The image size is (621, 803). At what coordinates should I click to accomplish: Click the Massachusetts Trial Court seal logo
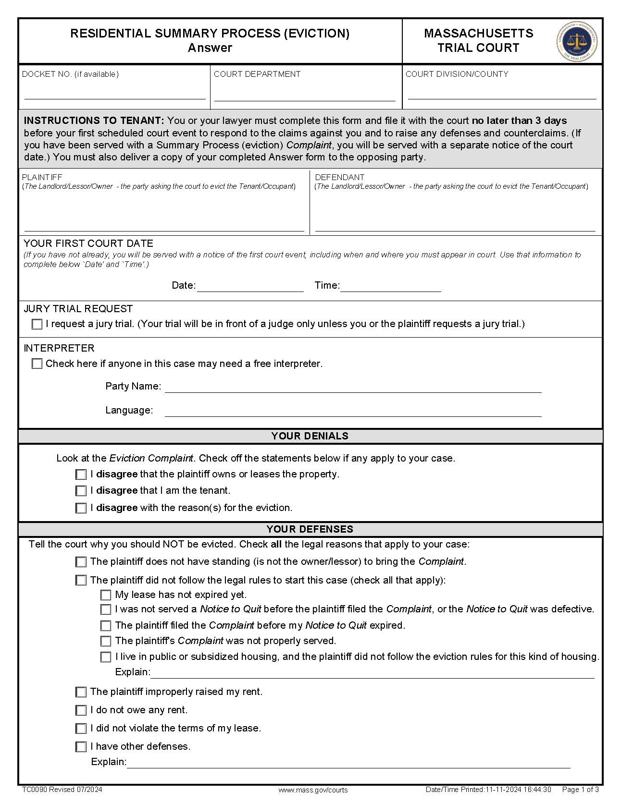tap(577, 41)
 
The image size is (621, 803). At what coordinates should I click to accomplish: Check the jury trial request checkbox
tap(37, 324)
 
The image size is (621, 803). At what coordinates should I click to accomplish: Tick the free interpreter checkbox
tap(37, 364)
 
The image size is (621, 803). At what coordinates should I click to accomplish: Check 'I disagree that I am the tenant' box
tap(81, 491)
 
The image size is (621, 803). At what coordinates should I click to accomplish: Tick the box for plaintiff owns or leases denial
tap(81, 474)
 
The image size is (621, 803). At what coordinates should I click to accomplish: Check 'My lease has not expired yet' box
tap(106, 595)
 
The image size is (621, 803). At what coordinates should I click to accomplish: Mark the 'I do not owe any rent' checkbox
tap(81, 710)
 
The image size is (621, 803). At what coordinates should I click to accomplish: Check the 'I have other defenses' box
tap(81, 747)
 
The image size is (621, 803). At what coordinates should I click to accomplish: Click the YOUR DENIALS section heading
tap(310, 436)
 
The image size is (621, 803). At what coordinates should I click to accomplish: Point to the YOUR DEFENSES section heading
tap(310, 529)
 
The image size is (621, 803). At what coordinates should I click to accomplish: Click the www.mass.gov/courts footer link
tap(313, 790)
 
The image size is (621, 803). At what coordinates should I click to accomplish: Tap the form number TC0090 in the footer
tap(34, 790)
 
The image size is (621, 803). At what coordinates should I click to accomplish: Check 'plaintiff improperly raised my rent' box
tap(81, 692)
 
